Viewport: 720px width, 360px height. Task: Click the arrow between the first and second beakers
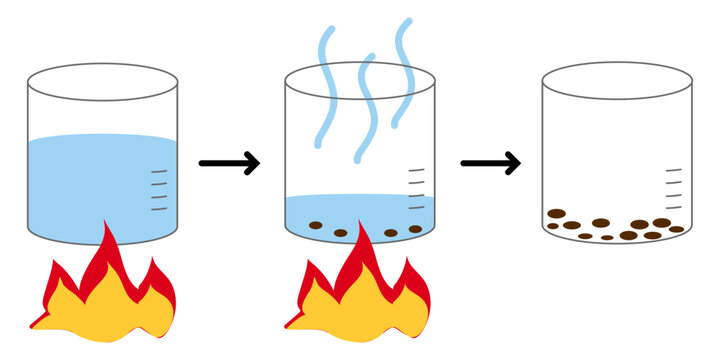(x=229, y=163)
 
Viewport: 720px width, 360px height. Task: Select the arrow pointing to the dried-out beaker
(x=491, y=163)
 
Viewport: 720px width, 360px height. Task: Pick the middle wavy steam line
(x=365, y=100)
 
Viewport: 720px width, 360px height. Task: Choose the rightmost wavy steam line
(x=402, y=75)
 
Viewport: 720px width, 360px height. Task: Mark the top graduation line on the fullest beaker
(x=158, y=172)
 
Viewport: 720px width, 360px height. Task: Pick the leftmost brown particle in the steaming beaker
(x=315, y=225)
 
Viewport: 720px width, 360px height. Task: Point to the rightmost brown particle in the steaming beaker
(x=415, y=229)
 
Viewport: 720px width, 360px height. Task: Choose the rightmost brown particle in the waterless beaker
(x=677, y=229)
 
